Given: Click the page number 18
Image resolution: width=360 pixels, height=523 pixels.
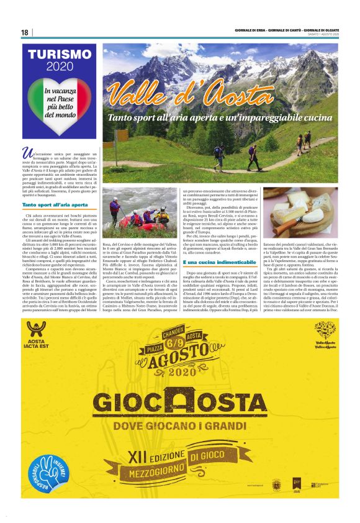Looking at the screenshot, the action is (24, 33).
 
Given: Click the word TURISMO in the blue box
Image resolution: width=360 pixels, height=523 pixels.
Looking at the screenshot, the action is (57, 55).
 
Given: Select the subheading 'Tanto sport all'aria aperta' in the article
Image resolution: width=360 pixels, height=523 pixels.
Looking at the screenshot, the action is (55, 204).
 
